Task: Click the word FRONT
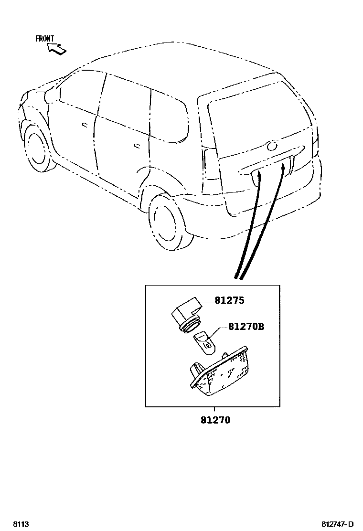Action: coord(45,39)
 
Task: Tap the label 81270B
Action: coord(246,327)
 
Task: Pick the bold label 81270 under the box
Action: coord(215,420)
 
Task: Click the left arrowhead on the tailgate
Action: coord(259,176)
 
